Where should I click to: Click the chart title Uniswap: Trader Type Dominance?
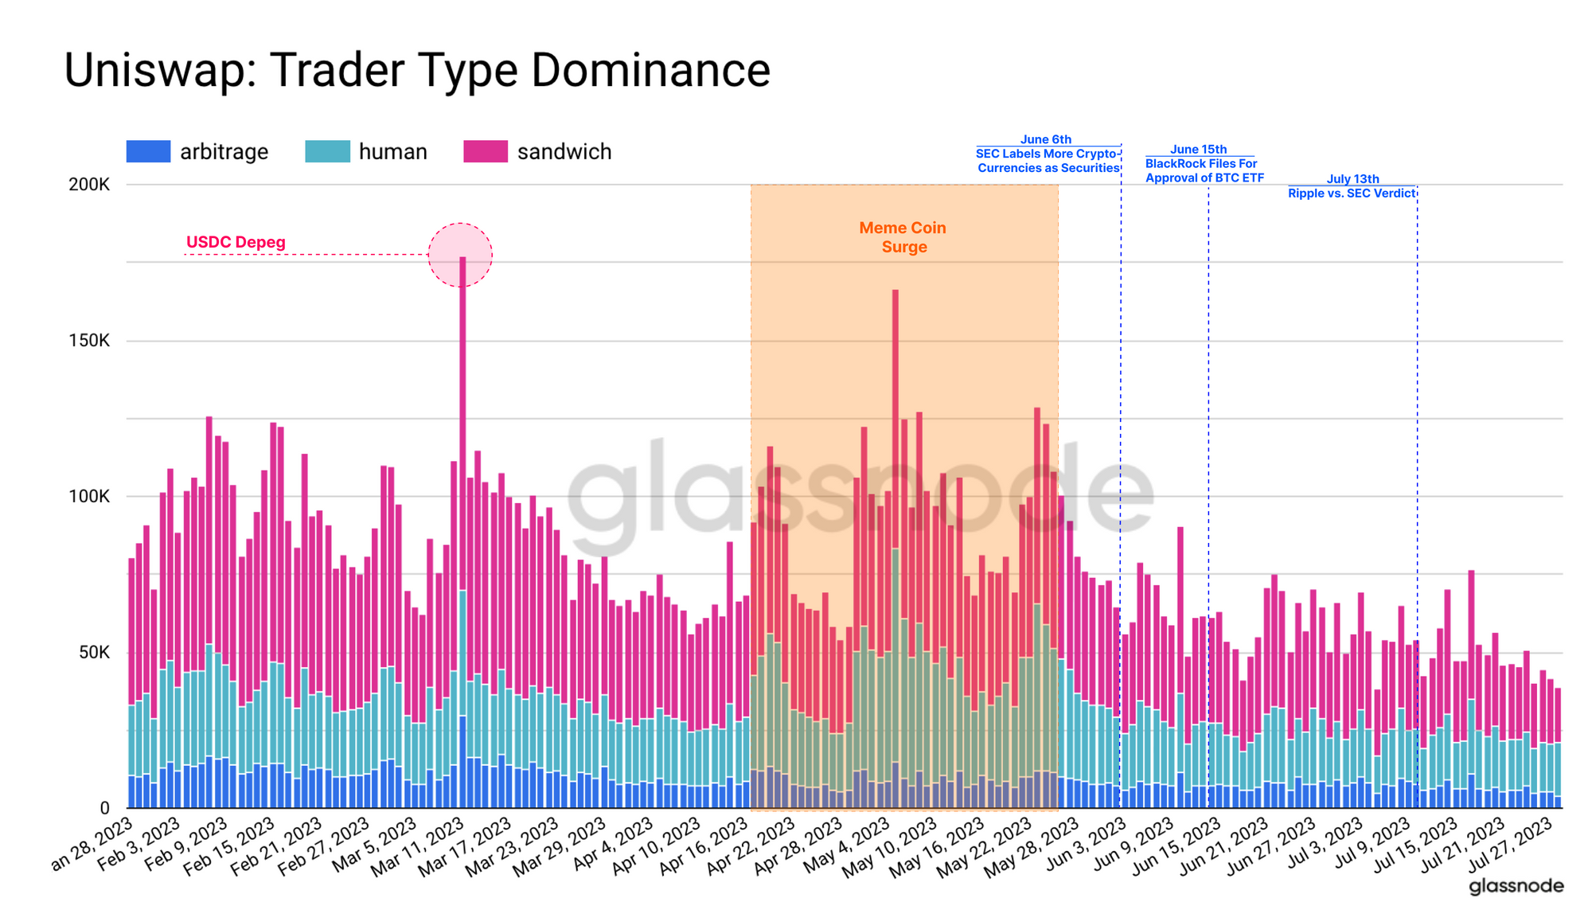[416, 70]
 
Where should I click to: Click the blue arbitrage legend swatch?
[148, 151]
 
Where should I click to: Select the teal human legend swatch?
[327, 151]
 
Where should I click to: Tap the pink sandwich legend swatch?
[486, 151]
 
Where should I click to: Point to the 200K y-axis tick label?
[89, 185]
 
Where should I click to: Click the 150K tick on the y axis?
[89, 341]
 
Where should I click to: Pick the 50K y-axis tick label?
[94, 653]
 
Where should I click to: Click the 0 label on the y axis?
[104, 808]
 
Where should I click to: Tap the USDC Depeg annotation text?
[236, 242]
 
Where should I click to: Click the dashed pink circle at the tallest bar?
[460, 255]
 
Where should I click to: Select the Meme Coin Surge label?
[903, 237]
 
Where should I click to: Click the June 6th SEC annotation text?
[1048, 154]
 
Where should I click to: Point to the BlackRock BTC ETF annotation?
[1204, 164]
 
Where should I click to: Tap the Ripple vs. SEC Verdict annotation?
[1352, 186]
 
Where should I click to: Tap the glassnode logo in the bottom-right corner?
[1516, 886]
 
